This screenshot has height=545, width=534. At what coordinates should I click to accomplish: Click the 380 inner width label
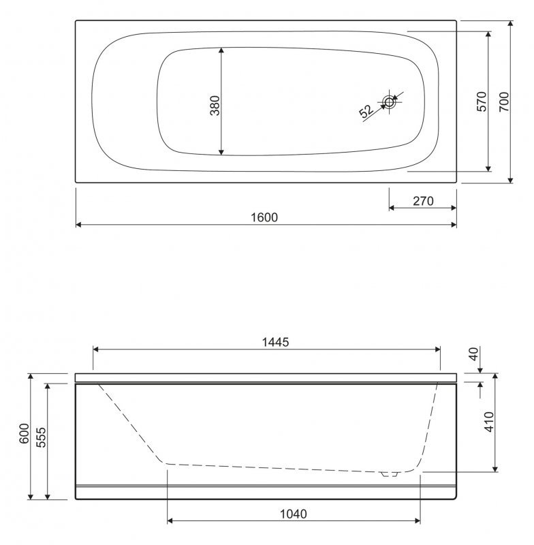click(215, 107)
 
